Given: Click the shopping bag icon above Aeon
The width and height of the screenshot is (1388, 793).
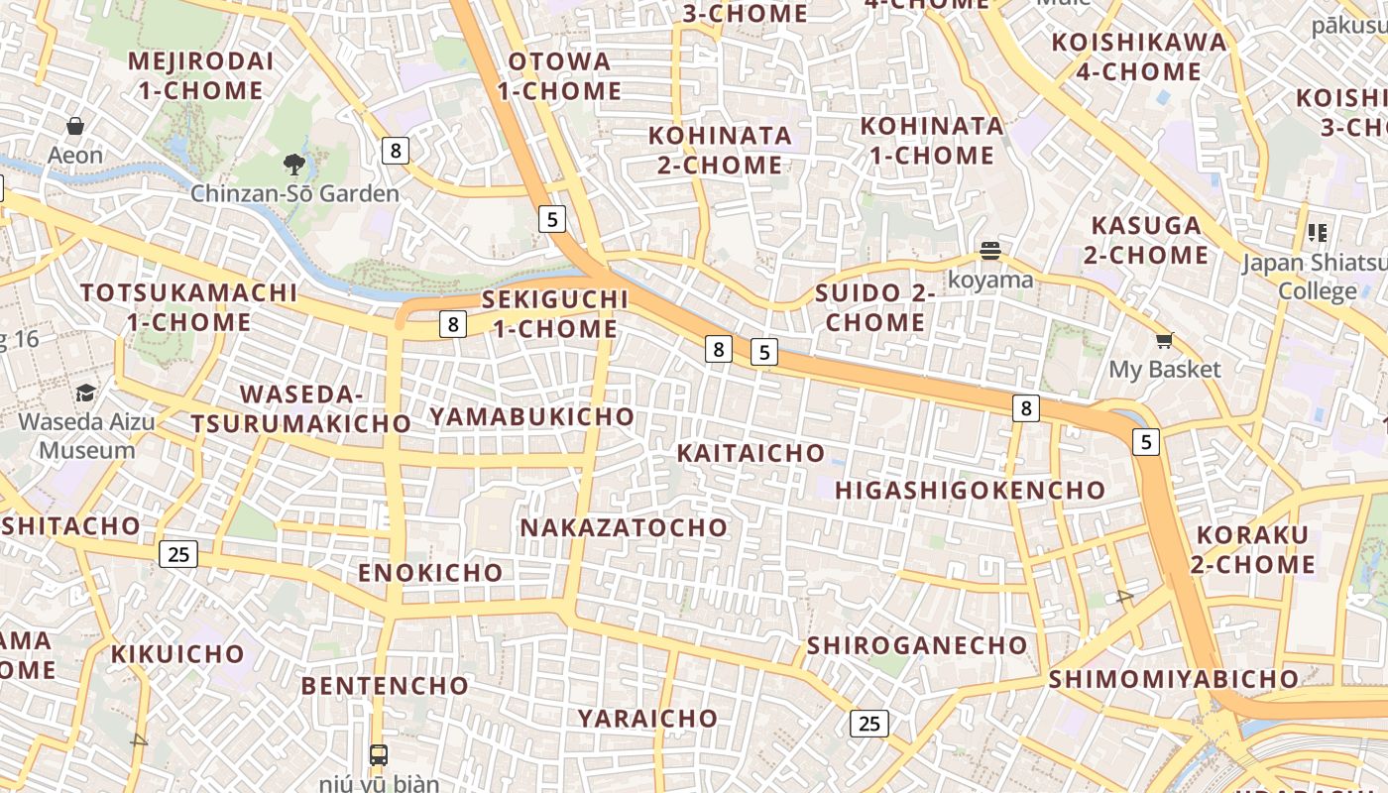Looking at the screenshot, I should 75,126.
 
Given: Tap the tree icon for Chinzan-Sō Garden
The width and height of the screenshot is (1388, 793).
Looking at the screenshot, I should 293,164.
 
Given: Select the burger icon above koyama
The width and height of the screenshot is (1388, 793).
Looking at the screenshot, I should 989,250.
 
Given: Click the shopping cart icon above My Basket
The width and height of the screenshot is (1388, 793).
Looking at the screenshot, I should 1165,341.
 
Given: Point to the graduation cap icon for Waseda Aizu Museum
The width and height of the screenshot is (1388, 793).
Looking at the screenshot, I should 86,393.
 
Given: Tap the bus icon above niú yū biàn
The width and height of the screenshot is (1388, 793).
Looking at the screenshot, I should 378,754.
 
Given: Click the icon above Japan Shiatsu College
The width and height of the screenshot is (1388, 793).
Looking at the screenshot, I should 1317,233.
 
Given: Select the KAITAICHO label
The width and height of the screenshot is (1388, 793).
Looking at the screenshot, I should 751,453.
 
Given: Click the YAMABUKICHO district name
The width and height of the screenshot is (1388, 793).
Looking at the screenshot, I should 531,416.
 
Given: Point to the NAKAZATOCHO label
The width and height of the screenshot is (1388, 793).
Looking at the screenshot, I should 624,527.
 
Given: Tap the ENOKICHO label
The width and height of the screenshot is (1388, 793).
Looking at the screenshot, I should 430,573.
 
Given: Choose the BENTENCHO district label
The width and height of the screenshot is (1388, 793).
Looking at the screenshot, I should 385,686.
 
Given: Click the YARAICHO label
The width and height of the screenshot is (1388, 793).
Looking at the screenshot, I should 647,718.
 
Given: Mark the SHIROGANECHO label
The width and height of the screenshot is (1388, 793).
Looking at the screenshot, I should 917,645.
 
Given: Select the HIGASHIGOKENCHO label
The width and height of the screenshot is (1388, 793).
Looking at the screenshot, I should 970,490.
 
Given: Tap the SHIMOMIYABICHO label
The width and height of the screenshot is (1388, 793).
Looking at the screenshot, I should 1173,679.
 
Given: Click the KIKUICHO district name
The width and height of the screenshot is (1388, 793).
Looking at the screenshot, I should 177,654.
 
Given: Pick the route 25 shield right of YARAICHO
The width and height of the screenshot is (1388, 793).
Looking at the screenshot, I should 868,724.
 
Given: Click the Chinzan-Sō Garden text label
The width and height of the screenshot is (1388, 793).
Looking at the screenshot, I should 294,193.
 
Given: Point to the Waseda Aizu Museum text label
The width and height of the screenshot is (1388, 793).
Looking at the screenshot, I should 87,435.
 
